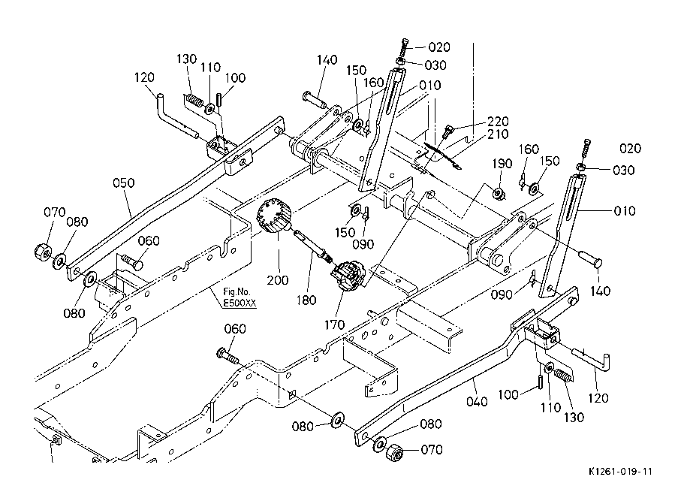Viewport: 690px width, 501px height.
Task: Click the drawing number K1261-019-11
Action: (620, 472)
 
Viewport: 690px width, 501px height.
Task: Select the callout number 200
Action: (278, 280)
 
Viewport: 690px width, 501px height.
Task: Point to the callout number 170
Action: (334, 325)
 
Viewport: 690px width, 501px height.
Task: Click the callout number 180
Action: (306, 300)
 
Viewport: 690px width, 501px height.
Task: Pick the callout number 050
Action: (124, 183)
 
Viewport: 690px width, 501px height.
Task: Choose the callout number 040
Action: (477, 402)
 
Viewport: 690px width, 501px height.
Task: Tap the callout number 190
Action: (502, 164)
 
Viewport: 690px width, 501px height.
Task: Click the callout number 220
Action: (498, 121)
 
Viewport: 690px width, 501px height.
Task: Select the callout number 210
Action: (498, 134)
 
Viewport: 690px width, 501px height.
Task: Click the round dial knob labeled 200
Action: (273, 216)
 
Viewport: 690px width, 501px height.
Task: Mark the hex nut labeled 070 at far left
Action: (43, 252)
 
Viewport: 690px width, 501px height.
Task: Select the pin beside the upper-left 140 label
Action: (315, 99)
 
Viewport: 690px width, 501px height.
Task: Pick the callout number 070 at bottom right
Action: (432, 449)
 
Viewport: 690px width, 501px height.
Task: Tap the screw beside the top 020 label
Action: (405, 47)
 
